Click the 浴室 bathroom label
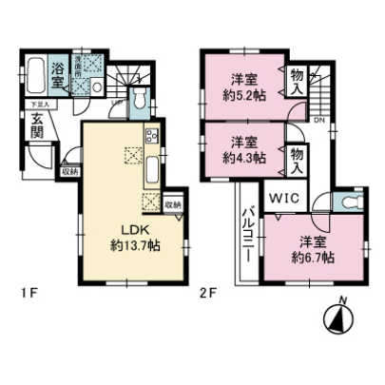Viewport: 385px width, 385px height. [58, 69]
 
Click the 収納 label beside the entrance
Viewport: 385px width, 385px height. [68, 172]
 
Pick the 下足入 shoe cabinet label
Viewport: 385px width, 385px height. [35, 106]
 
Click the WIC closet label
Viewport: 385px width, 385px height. [282, 198]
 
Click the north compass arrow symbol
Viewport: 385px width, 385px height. [338, 316]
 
